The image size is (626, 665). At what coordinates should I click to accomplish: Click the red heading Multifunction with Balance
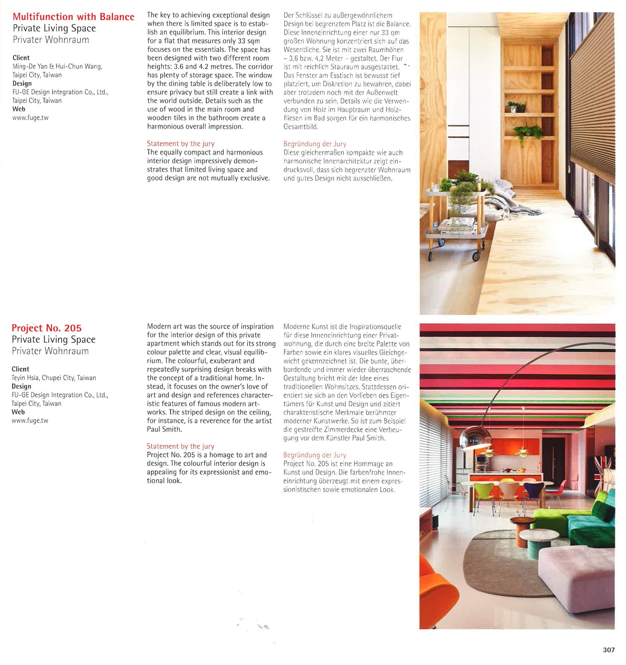pos(73,17)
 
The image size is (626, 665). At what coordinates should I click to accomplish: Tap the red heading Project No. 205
pos(47,328)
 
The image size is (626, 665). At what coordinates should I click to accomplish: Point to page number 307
pos(608,650)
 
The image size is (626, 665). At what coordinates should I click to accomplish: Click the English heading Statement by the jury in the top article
pos(181,144)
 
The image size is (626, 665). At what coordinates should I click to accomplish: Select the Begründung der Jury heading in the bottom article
pos(315,455)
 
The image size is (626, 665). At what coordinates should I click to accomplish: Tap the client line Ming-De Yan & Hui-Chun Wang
pos(57,66)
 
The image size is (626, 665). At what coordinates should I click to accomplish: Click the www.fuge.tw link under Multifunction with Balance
pos(30,118)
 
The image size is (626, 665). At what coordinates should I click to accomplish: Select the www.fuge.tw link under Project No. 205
pos(30,421)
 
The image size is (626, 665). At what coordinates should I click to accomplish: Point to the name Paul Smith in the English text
pos(164,429)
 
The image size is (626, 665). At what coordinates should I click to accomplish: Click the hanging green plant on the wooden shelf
pos(527,133)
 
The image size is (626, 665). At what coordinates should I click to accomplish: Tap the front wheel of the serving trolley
pos(476,255)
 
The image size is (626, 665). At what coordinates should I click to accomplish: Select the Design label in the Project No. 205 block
pos(21,386)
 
